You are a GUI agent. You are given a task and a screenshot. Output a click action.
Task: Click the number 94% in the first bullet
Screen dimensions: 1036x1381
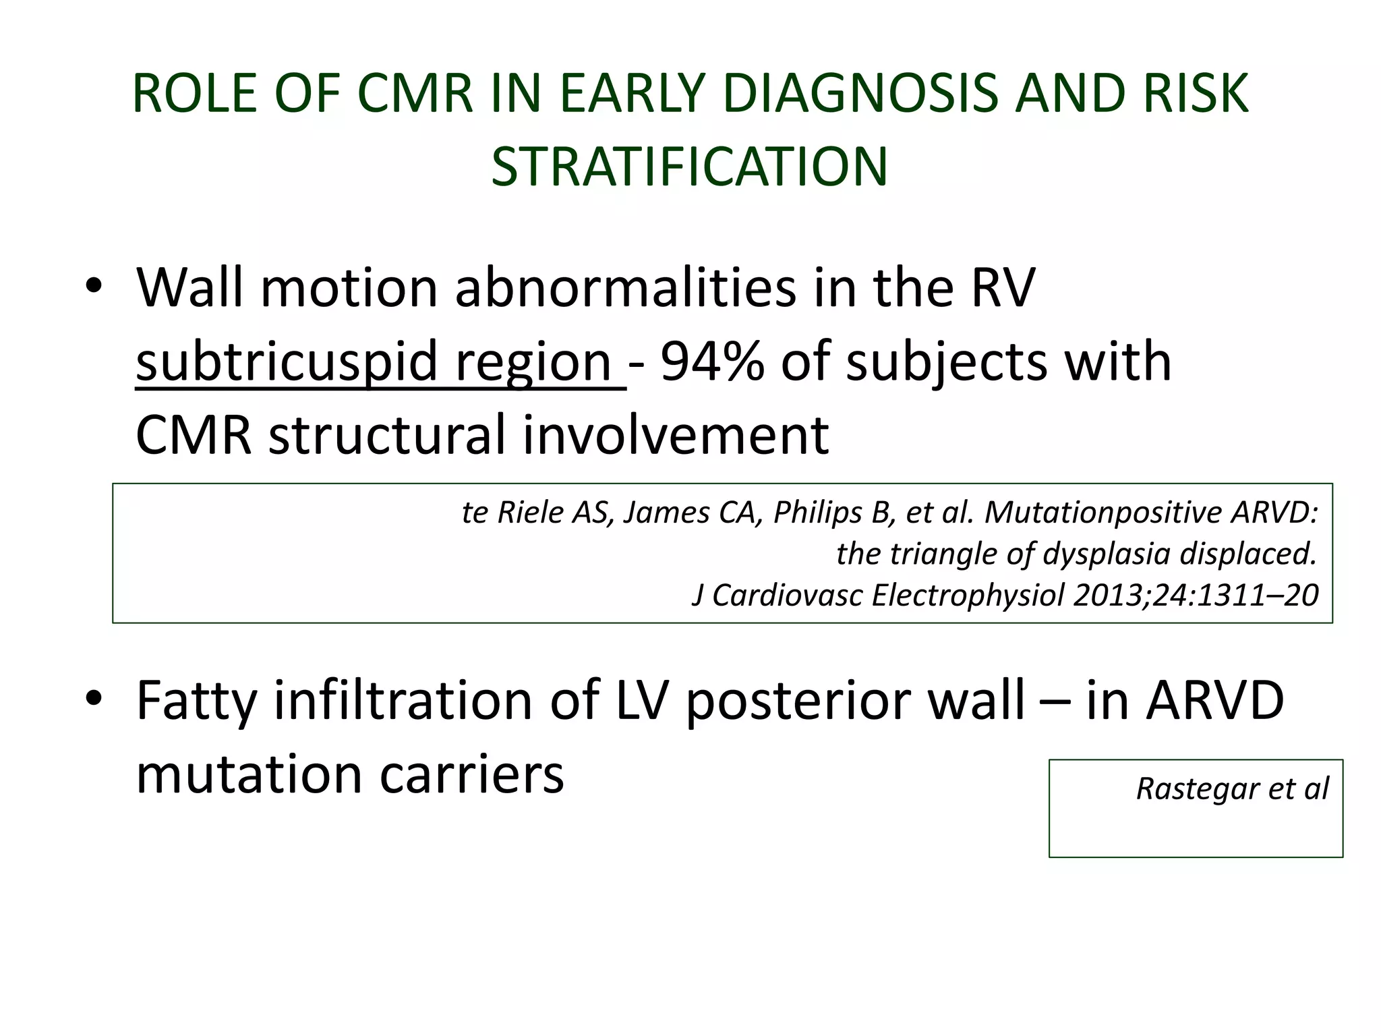pos(712,362)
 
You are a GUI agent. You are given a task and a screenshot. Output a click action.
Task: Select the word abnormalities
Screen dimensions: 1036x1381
pos(626,289)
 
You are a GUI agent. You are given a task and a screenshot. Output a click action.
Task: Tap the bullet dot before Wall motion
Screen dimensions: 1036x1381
pos(94,287)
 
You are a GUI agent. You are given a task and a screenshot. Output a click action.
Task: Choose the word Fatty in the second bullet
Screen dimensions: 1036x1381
pos(196,701)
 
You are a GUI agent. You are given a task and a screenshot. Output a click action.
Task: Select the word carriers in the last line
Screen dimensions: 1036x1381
pos(471,774)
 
